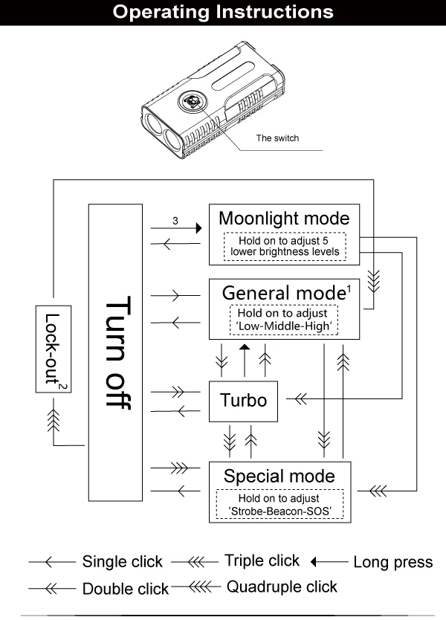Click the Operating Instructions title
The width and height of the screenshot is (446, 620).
click(x=223, y=13)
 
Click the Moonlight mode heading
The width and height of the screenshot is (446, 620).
click(x=284, y=219)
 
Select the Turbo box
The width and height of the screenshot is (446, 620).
click(x=243, y=400)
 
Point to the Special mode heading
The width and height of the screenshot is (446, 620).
click(x=279, y=476)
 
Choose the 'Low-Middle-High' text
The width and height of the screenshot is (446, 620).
click(x=282, y=326)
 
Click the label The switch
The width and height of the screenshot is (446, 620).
click(x=277, y=138)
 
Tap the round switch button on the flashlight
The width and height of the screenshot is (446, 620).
click(x=191, y=102)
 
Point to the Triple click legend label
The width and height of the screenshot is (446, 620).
click(x=262, y=561)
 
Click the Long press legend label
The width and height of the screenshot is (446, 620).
click(x=392, y=562)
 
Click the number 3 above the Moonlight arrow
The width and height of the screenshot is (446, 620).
click(x=175, y=221)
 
